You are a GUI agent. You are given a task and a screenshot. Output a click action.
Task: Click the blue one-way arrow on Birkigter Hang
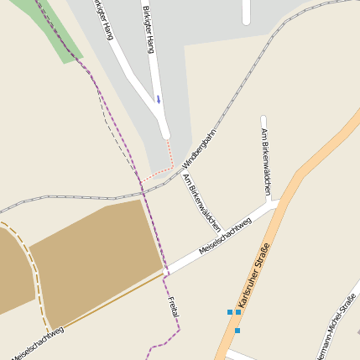(x=158, y=99)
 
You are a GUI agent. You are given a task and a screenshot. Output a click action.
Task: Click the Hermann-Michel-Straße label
(x=337, y=326)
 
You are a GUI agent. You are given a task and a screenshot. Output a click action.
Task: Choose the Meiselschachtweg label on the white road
(x=225, y=237)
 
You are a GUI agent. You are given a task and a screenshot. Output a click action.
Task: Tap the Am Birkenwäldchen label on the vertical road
(x=266, y=163)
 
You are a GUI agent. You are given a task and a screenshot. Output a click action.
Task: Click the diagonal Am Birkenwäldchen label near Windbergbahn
(x=202, y=202)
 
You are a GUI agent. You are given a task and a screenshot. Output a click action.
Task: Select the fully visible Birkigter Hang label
(x=149, y=29)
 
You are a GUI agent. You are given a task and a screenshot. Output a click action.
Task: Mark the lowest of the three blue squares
(x=237, y=330)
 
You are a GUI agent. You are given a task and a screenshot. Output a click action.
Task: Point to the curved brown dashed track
(x=35, y=277)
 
